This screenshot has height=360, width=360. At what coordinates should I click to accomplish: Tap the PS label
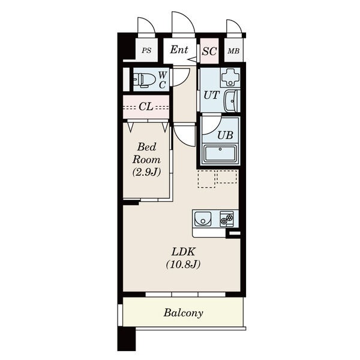pos(146,50)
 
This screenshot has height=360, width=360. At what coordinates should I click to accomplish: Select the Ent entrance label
pos(179,50)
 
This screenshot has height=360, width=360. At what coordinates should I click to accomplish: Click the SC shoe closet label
pos(209,51)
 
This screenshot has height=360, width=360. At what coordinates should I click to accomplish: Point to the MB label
pos(233,51)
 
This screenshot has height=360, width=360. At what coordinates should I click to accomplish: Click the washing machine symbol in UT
pos(230,77)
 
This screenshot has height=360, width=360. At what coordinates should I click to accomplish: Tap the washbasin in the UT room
pos(232,101)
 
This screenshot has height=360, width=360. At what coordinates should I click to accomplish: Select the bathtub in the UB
pos(220,154)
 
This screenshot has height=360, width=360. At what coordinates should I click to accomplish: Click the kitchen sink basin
pos(203,218)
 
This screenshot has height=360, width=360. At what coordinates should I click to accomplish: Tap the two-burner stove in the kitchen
pos(227,219)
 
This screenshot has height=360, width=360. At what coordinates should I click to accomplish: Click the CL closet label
pos(146,107)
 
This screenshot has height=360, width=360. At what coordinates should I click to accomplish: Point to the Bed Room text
pos(146,153)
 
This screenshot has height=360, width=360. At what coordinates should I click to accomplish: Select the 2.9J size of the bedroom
pos(146,172)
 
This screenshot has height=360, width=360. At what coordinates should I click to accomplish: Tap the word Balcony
pos(183,313)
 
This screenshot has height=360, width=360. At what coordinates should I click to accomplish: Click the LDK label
pos(184,252)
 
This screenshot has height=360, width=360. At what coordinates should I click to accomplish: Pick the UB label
pos(225,135)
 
